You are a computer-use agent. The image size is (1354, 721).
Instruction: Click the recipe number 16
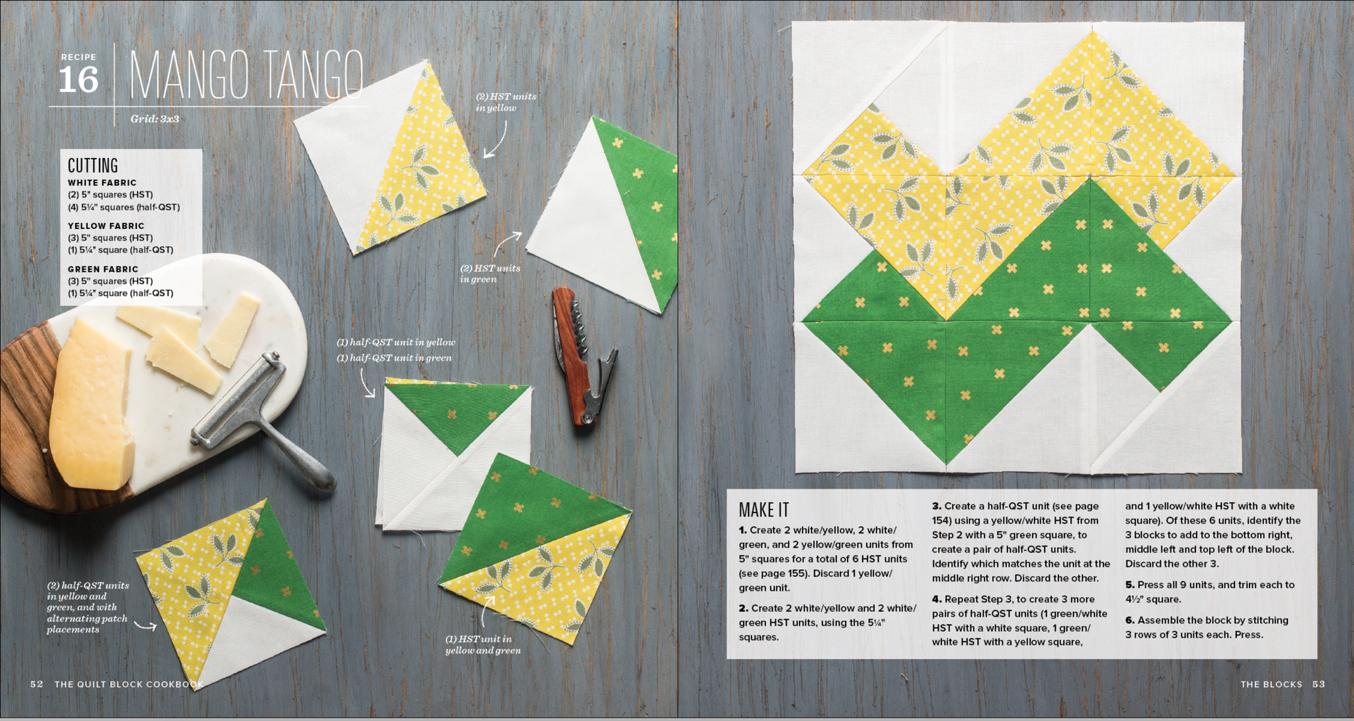[78, 80]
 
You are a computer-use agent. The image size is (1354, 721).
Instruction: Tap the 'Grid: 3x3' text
[154, 119]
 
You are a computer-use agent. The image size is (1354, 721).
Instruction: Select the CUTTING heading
[93, 166]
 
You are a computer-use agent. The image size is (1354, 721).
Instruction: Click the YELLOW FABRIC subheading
[106, 226]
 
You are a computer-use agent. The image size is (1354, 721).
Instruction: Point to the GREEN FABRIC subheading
[103, 269]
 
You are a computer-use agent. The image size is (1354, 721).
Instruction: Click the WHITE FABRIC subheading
[102, 183]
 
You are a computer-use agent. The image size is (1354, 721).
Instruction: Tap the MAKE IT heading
[763, 510]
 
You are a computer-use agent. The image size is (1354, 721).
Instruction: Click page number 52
[37, 684]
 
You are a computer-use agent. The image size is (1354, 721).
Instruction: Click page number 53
[1319, 684]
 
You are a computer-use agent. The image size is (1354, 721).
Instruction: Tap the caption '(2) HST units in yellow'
[506, 102]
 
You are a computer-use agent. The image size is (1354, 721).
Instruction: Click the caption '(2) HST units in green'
[490, 274]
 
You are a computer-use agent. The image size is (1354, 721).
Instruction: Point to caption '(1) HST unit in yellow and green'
[483, 644]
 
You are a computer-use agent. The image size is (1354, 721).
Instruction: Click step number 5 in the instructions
[1129, 585]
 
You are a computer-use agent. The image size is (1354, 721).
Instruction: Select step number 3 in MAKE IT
[937, 507]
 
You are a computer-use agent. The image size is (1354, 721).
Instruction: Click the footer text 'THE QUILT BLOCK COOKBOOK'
[129, 684]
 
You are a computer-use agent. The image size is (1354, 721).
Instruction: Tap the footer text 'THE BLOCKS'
[1271, 684]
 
